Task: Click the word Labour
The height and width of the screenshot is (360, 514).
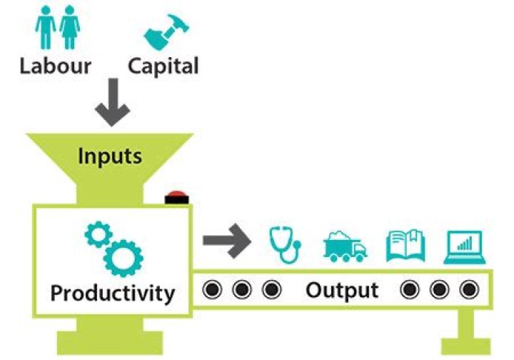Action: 55,66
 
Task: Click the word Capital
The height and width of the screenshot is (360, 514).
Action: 163,66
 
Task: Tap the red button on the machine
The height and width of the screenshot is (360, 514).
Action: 175,198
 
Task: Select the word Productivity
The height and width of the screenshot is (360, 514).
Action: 112,292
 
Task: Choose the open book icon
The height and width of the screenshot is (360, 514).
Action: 405,245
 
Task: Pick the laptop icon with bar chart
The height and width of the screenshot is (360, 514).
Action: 464,245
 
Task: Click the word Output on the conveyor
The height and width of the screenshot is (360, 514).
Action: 342,290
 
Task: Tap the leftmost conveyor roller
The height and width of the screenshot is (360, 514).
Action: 212,290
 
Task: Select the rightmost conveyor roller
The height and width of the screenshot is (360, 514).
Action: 468,290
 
